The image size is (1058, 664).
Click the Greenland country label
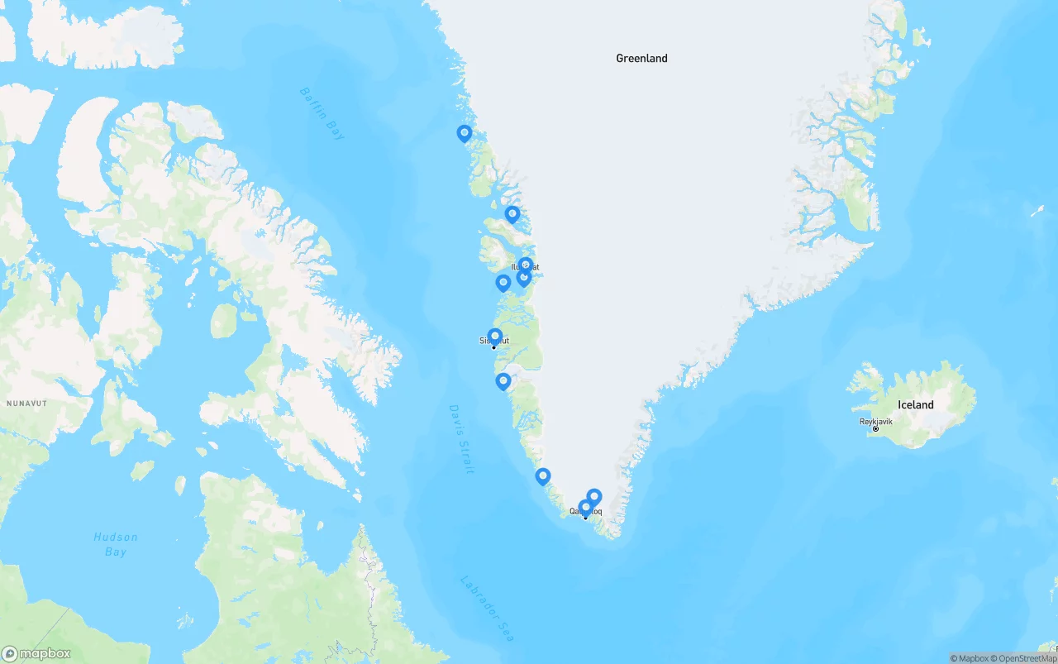[x=641, y=59]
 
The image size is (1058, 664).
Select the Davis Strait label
[x=461, y=438]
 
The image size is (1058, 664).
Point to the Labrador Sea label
[x=486, y=608]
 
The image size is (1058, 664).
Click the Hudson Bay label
[x=115, y=544]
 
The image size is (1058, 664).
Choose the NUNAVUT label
[x=27, y=404]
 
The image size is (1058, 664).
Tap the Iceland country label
[x=915, y=405]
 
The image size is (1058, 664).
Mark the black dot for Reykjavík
[x=875, y=428]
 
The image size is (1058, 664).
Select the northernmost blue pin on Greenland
[x=465, y=133]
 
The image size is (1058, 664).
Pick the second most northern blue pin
[x=512, y=214]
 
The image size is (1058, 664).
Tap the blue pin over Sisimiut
[x=495, y=337]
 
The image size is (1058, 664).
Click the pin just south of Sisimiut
[x=503, y=381]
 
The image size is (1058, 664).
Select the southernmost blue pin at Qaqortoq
[x=585, y=507]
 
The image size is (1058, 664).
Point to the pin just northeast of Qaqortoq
[x=593, y=496]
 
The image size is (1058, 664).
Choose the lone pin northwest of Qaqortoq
[x=543, y=476]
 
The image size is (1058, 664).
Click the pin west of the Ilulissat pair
[x=503, y=283]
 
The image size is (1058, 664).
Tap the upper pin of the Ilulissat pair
[x=526, y=265]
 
